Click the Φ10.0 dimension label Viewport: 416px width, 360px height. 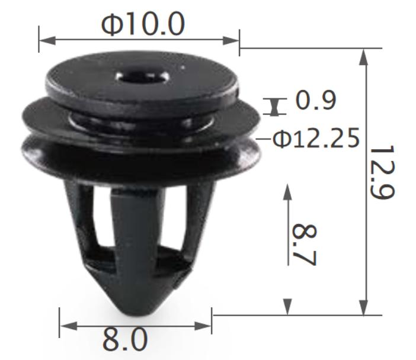point(143,24)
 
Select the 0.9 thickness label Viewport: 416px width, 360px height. point(315,99)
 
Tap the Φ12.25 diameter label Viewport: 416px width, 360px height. point(316,138)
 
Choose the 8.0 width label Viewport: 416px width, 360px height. point(124,340)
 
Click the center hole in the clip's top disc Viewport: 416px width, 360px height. point(142,77)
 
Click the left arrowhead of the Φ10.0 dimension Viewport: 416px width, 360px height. point(47,41)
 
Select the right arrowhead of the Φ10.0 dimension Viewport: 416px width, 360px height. point(231,41)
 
